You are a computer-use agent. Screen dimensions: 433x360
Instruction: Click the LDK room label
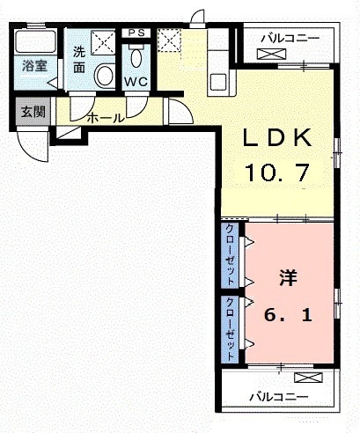tap(277, 137)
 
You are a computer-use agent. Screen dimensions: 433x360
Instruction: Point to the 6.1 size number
tap(290, 312)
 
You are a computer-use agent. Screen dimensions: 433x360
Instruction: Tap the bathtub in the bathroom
tap(35, 43)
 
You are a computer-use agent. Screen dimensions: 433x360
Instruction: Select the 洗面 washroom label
tap(78, 58)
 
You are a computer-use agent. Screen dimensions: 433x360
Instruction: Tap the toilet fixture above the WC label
tap(136, 56)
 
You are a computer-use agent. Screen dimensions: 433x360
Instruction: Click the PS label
tap(136, 33)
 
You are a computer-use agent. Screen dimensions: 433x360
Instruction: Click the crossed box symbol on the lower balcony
tap(306, 378)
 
